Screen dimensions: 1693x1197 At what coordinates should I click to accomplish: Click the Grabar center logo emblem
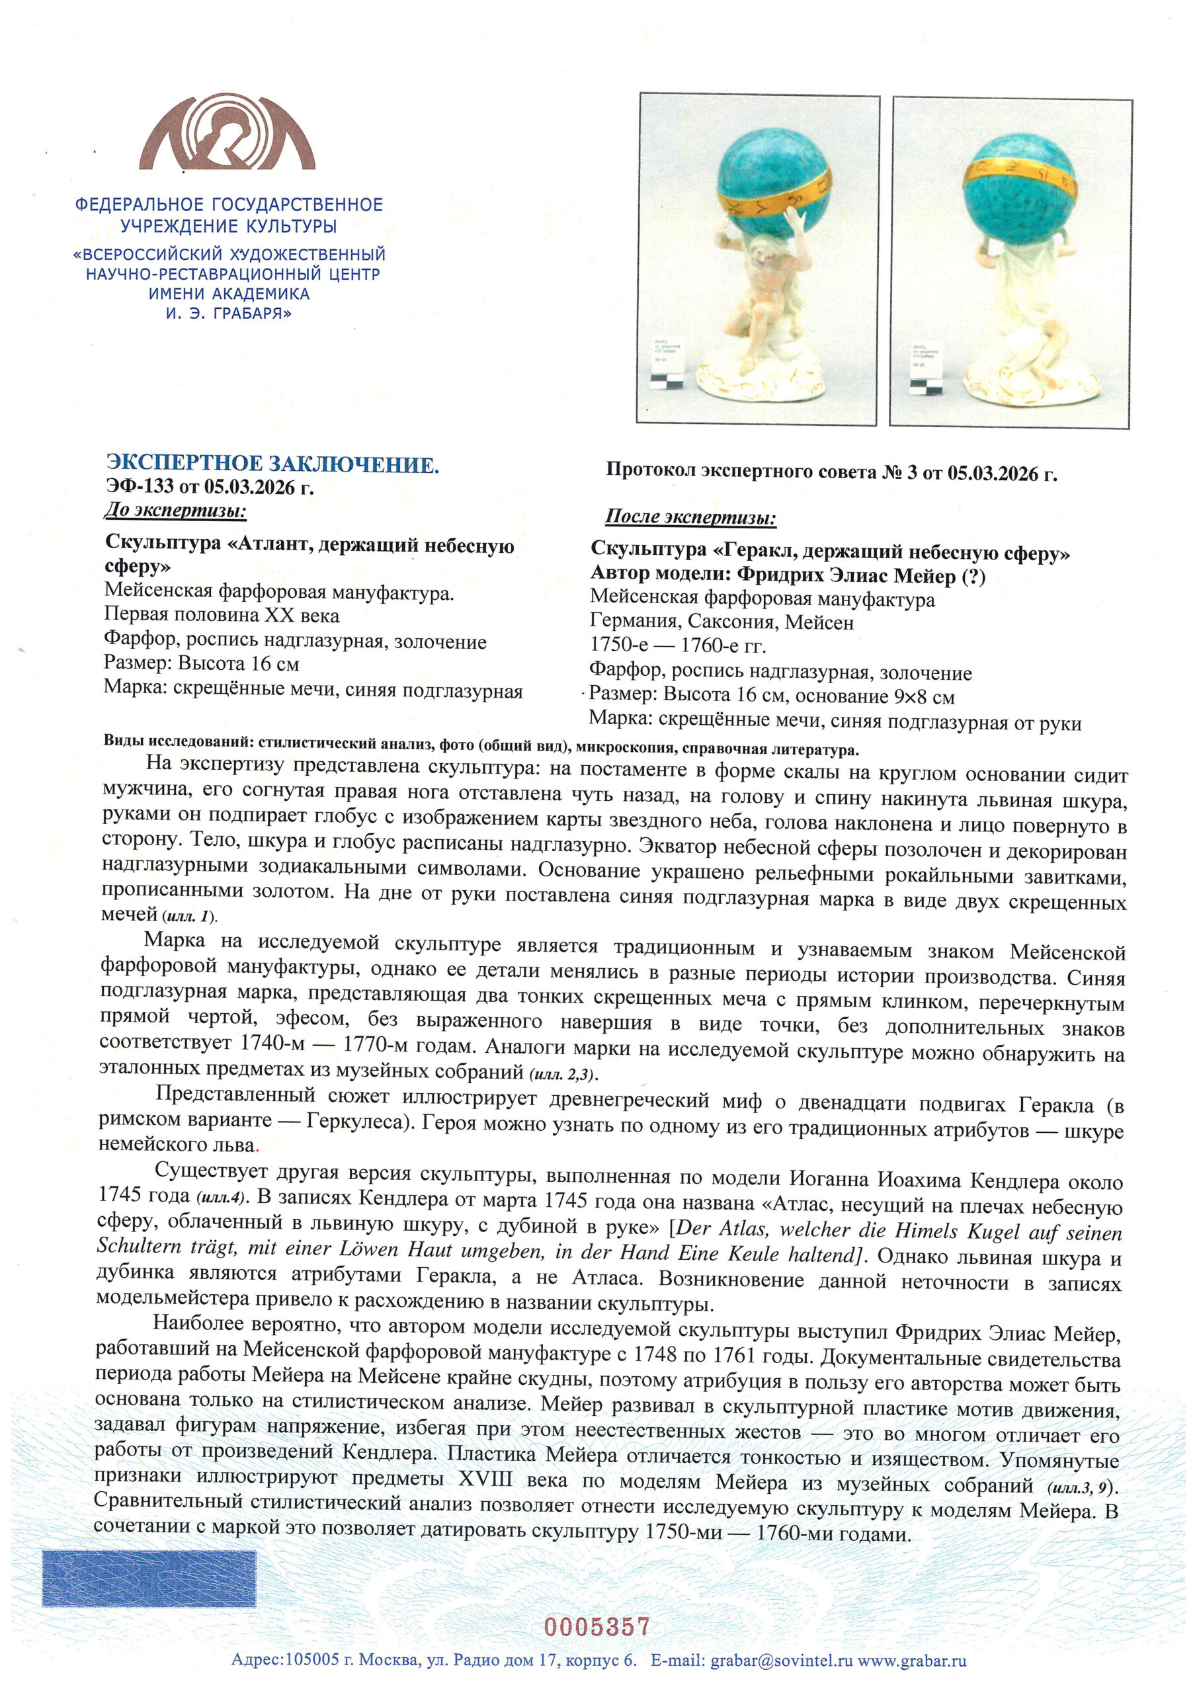[x=227, y=133]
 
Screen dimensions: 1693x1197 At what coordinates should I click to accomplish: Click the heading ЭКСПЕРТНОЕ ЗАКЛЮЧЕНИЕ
[x=272, y=464]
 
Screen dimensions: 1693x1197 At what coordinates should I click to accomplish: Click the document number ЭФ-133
[x=140, y=487]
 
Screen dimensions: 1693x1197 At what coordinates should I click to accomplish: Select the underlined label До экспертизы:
[x=175, y=511]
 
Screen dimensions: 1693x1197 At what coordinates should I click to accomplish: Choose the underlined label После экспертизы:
[x=690, y=518]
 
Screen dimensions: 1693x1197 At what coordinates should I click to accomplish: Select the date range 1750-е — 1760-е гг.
[x=678, y=646]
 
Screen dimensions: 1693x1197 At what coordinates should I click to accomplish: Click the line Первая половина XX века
[x=222, y=615]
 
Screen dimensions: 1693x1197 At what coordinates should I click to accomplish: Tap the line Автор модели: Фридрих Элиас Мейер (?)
[x=787, y=575]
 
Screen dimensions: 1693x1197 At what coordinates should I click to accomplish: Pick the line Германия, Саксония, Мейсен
[x=722, y=622]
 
